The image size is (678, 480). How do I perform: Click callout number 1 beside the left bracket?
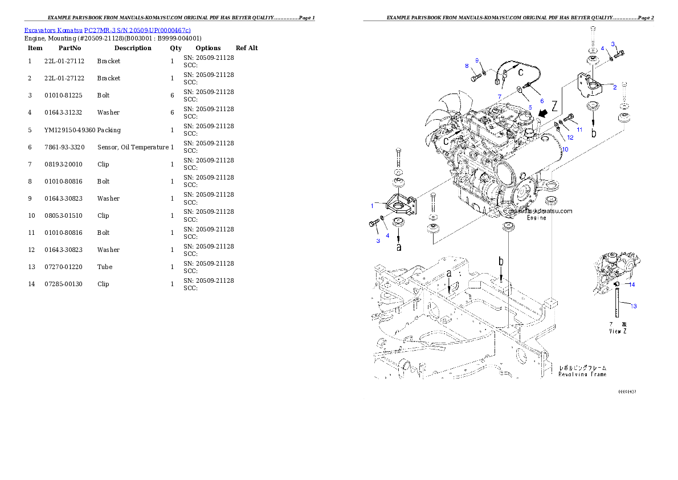pos(372,205)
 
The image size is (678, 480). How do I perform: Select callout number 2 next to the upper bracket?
pos(615,87)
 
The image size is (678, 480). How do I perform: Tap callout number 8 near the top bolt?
pos(466,66)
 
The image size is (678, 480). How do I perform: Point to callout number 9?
pos(477,60)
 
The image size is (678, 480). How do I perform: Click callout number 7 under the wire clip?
pos(499,96)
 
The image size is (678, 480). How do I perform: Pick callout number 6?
pos(533,100)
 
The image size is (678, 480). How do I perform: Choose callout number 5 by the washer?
pos(529,107)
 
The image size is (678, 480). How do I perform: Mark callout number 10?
pos(565,149)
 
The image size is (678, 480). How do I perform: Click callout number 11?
pos(579,129)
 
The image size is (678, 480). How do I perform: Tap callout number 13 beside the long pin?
pos(634,306)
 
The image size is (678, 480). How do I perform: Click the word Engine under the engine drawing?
pos(536,218)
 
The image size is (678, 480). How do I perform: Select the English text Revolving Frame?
pos(582,375)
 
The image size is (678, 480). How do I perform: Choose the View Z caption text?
pos(618,331)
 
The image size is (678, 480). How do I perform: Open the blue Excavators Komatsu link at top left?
pos(107,30)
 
